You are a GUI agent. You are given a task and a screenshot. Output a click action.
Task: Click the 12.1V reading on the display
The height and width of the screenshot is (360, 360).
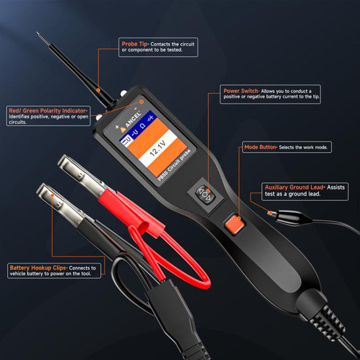(x=158, y=148)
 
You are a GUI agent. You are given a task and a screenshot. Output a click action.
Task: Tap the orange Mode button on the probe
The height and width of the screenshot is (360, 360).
(x=234, y=224)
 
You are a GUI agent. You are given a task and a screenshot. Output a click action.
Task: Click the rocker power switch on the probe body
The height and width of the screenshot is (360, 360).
(x=205, y=194)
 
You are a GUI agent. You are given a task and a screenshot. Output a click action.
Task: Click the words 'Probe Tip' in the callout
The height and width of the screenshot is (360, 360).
(x=134, y=44)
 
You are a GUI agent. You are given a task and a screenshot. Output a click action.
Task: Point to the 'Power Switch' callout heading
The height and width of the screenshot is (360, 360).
(x=241, y=91)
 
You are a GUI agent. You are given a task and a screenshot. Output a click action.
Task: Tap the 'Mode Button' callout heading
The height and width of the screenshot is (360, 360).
(x=260, y=147)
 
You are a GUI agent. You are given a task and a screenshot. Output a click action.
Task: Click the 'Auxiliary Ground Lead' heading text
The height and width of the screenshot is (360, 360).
(x=294, y=187)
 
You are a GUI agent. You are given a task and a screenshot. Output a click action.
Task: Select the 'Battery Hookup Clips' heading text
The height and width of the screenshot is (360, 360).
(x=37, y=268)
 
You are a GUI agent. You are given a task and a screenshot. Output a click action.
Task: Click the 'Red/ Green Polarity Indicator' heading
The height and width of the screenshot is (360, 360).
(x=47, y=111)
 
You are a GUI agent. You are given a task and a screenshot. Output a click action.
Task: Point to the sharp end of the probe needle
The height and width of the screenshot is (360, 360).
(x=37, y=32)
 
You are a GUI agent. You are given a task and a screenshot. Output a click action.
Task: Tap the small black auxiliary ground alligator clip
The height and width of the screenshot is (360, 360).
(x=290, y=217)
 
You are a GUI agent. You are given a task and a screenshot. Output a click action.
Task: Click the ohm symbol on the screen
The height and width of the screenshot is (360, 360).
(x=142, y=126)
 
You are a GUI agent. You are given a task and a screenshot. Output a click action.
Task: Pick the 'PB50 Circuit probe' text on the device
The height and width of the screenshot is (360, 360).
(x=174, y=165)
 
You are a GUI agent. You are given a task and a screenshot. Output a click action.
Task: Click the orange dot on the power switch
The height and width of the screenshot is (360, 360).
(x=208, y=191)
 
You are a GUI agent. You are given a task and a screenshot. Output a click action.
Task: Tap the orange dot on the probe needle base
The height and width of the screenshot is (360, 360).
(x=98, y=90)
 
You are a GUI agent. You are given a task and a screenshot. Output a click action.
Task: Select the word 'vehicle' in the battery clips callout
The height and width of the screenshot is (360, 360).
(x=17, y=274)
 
